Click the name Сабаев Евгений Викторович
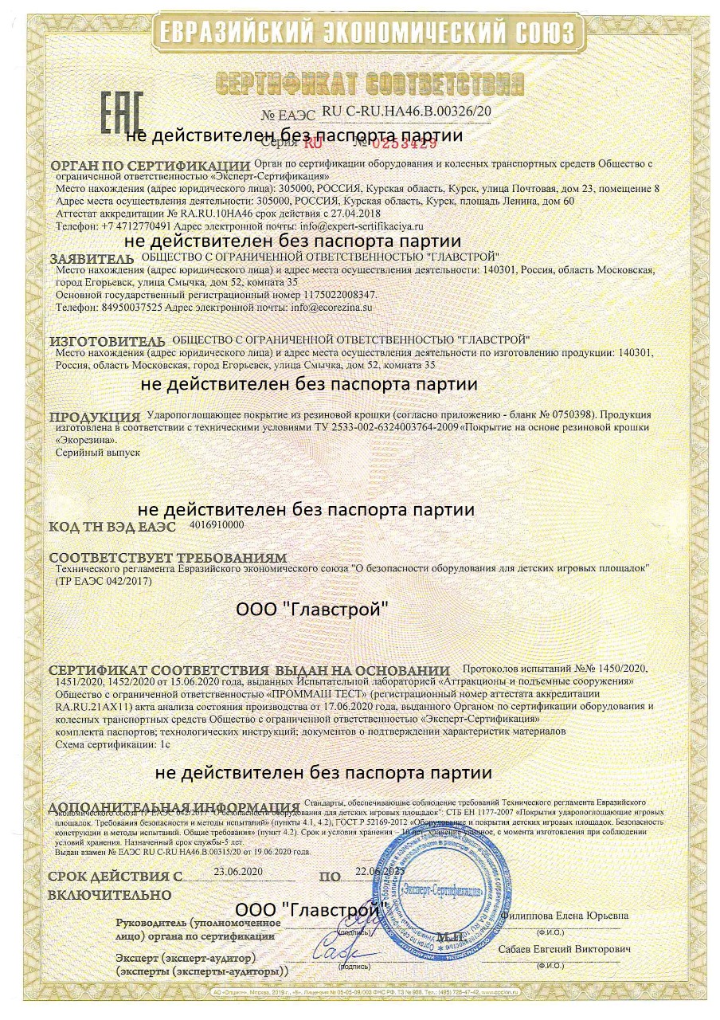click(565, 951)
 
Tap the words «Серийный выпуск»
click(97, 451)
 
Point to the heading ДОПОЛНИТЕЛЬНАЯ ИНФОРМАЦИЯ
click(174, 806)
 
